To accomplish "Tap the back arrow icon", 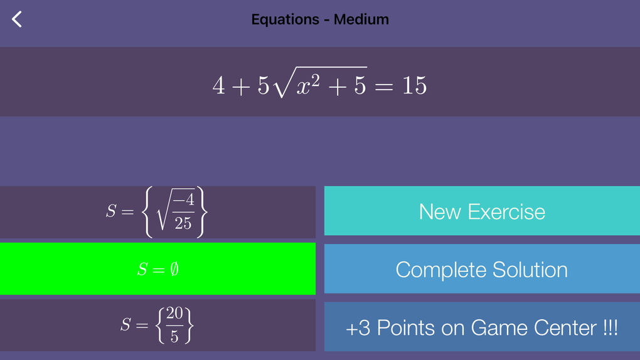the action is click(17, 19).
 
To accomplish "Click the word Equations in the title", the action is click(285, 19).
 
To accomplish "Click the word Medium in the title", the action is click(361, 19).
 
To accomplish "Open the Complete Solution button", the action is click(482, 269).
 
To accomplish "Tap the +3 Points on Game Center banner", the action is click(482, 327).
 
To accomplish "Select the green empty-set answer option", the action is click(157, 268).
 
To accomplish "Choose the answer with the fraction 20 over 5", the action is click(157, 326).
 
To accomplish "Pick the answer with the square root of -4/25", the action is click(157, 212).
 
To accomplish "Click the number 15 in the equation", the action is click(414, 86).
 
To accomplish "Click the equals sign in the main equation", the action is click(383, 87).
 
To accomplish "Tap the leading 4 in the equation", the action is click(219, 86).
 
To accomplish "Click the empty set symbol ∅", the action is click(174, 269).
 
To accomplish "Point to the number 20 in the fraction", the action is click(174, 313).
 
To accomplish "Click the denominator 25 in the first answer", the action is click(183, 223).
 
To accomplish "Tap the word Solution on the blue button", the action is click(530, 270).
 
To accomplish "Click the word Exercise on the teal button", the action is click(506, 212).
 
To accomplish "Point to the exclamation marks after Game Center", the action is click(611, 328).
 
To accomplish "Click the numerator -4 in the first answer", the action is click(184, 200).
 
